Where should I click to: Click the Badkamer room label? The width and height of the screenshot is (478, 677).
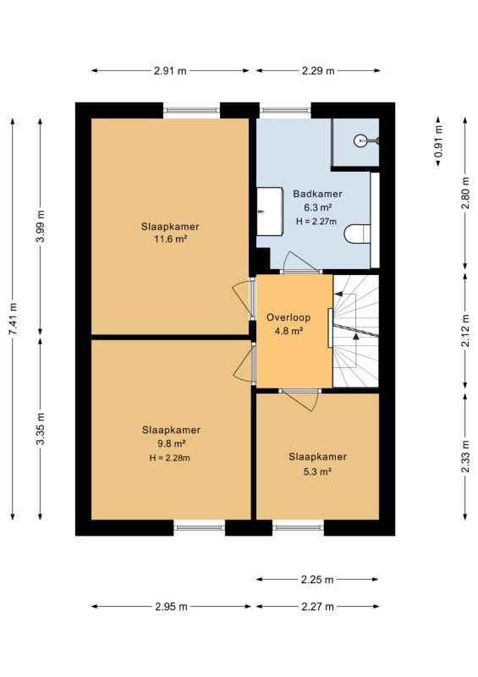coord(317,194)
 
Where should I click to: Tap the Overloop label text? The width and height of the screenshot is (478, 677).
coord(288,317)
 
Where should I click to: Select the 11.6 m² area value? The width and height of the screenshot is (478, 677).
coord(170,239)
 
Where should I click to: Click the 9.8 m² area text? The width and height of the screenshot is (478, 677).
coord(171,443)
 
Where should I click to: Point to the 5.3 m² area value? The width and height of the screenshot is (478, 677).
coord(317,471)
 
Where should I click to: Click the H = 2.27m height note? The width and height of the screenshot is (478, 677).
coord(316,222)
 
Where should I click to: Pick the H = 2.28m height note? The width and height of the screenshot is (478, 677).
coord(170,458)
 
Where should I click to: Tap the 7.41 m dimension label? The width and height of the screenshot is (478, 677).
coord(14,319)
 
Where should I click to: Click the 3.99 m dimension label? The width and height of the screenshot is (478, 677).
coord(41,227)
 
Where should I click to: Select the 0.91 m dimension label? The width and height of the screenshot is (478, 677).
coord(438,141)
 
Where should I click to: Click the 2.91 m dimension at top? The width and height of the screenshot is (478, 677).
coord(170,71)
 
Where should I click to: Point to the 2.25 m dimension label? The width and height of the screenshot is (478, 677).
coord(317,580)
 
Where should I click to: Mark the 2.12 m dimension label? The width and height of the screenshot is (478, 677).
coord(465,331)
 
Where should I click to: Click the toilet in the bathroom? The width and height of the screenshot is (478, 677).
coord(358,234)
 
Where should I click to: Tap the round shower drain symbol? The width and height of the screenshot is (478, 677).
coord(360,140)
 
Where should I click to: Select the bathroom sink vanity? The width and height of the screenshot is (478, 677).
coord(270,211)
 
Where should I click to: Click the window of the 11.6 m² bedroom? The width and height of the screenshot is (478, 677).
coord(191,111)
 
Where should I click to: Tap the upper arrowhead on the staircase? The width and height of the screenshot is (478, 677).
coord(338,294)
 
